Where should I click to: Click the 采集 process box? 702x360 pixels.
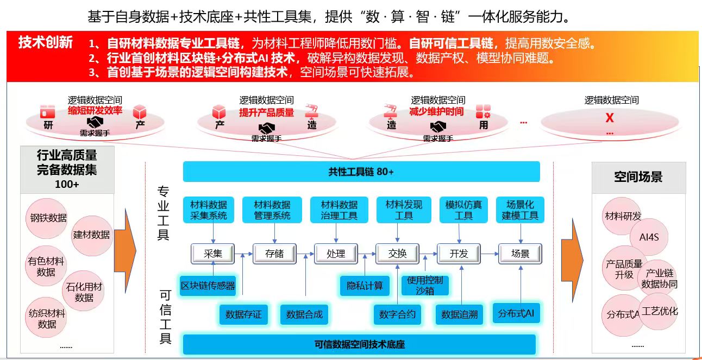pos(213,253)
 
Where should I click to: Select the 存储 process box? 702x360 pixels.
pos(274,253)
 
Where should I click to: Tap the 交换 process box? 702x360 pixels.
pos(397,253)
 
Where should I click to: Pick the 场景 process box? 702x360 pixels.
pos(520,253)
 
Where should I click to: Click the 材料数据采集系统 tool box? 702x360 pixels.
pos(209,210)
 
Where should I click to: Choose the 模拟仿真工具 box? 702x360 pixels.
pos(463,210)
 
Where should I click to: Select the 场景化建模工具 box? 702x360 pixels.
pos(520,210)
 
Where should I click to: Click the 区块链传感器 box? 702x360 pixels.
pos(208,285)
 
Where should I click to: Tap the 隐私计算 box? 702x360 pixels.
pos(365,285)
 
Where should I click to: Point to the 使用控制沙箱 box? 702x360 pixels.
pos(425,285)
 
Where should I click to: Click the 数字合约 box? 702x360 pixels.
pos(397,314)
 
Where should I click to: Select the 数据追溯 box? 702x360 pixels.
pos(459,314)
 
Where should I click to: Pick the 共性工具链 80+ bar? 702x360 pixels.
pos(361,172)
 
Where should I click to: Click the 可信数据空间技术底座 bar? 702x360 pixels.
pos(359,344)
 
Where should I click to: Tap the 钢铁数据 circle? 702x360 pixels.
pos(48,218)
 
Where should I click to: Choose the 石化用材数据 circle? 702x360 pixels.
pos(84,292)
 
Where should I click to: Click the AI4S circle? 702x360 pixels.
pos(649,237)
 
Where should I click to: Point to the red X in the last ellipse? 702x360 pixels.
pos(610,118)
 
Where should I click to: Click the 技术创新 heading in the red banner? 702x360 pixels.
pos(46,42)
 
